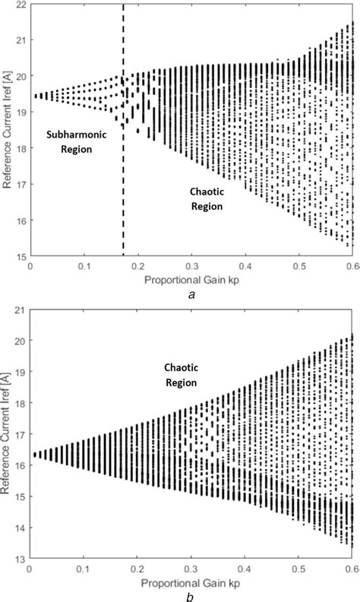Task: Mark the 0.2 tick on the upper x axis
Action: click(139, 267)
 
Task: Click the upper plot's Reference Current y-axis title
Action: click(7, 131)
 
